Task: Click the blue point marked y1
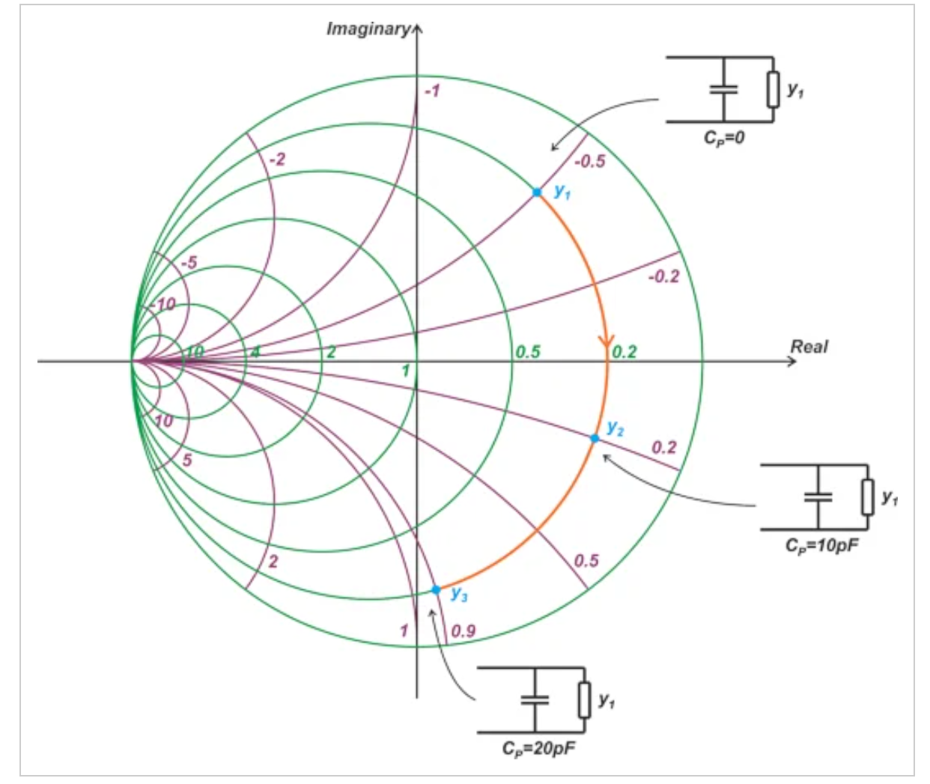point(537,192)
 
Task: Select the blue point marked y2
point(595,438)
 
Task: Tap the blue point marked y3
point(436,590)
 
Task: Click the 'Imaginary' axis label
point(368,29)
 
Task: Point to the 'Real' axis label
point(809,347)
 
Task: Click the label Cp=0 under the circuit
point(724,138)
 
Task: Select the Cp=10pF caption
point(821,545)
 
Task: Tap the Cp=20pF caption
point(538,748)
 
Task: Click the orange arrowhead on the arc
point(607,341)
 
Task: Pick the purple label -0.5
point(590,161)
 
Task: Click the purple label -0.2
point(663,276)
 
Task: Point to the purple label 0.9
point(464,630)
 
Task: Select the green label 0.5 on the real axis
point(528,352)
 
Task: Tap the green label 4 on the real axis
point(255,352)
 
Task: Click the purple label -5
point(189,262)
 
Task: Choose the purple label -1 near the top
point(432,91)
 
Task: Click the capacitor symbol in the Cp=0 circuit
point(724,90)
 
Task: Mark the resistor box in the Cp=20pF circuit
point(585,699)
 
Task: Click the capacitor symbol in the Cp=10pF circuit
point(818,497)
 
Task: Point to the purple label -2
point(277,159)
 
